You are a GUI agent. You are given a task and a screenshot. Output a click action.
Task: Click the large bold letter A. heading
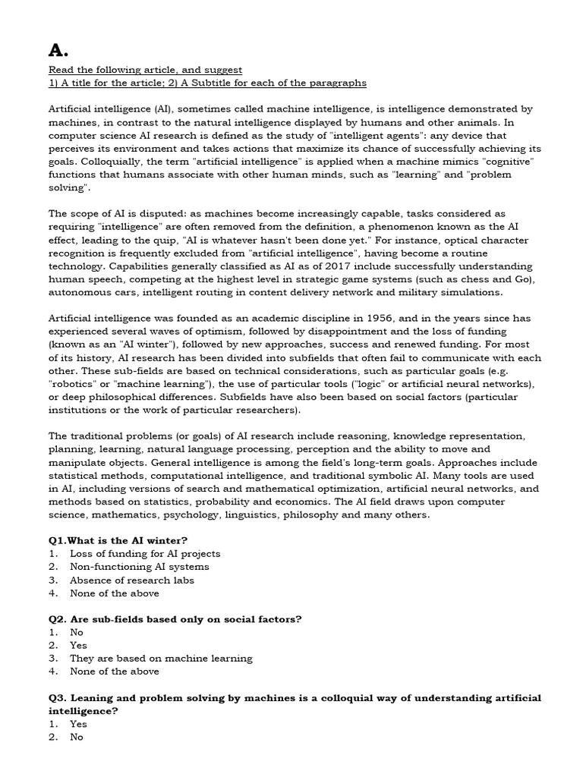(x=58, y=50)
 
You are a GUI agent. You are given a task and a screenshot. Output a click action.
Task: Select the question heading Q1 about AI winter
(x=118, y=540)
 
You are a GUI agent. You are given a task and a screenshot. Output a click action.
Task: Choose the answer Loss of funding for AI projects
(x=145, y=554)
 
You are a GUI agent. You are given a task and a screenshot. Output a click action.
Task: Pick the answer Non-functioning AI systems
(x=139, y=567)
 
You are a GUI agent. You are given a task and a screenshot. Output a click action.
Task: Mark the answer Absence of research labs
(x=131, y=580)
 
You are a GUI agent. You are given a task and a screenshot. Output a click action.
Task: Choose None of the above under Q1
(x=114, y=593)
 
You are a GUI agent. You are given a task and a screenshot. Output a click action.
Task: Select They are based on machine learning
(x=161, y=658)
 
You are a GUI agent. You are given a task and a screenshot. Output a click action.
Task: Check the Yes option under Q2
(x=79, y=645)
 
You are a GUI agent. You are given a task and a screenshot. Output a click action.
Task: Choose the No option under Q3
(x=77, y=737)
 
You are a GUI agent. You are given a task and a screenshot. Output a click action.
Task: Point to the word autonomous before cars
(x=80, y=292)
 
